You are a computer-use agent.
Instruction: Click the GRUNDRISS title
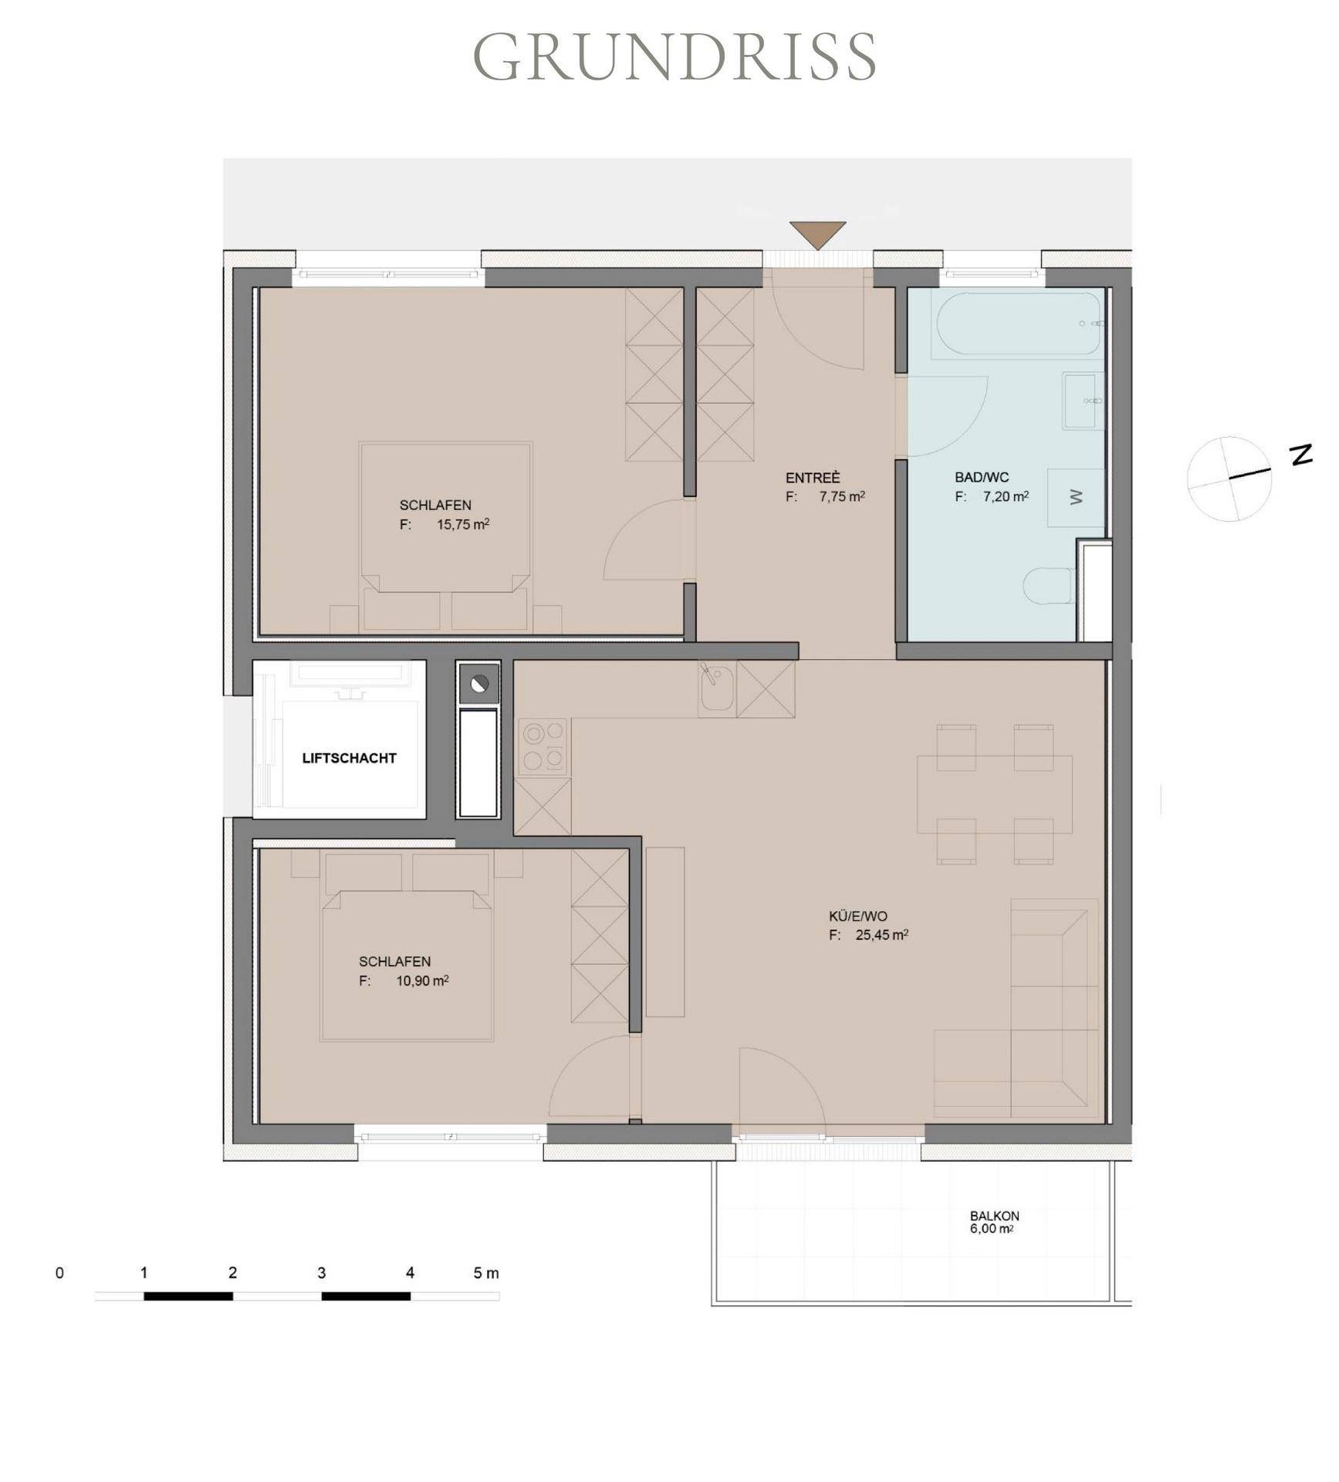[675, 56]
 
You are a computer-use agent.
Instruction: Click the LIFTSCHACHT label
[349, 758]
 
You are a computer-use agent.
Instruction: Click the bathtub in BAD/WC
[1018, 323]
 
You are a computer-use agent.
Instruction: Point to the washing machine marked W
[1076, 498]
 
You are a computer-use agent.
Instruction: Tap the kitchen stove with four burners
[543, 747]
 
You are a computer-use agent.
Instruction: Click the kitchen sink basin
[718, 689]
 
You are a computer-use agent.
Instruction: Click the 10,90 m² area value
[422, 981]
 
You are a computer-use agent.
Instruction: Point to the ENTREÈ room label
[813, 479]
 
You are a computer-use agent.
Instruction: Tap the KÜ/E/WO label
[858, 916]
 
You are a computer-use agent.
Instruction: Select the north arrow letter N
[1302, 455]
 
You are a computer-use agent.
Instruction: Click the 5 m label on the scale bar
[486, 1273]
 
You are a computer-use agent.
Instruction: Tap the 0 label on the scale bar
[59, 1273]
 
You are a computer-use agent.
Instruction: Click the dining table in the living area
[994, 794]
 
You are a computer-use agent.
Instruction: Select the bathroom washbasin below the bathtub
[1084, 401]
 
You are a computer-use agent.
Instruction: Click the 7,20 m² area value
[1006, 496]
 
